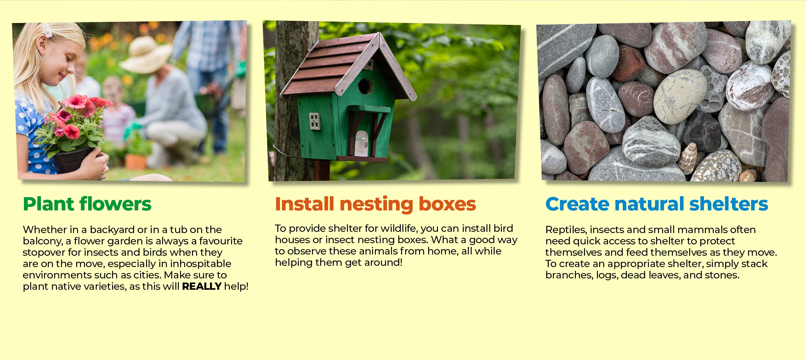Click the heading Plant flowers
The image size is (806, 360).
tap(87, 204)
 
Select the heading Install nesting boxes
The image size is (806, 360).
tap(375, 204)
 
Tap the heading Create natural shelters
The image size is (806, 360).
tap(657, 204)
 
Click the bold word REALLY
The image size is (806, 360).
tap(202, 286)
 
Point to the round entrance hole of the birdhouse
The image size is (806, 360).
tap(365, 86)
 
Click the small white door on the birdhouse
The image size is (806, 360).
tap(361, 144)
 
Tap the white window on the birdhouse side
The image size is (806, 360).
tap(315, 121)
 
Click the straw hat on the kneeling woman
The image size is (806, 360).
tap(145, 55)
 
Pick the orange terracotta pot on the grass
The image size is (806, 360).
tap(136, 162)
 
